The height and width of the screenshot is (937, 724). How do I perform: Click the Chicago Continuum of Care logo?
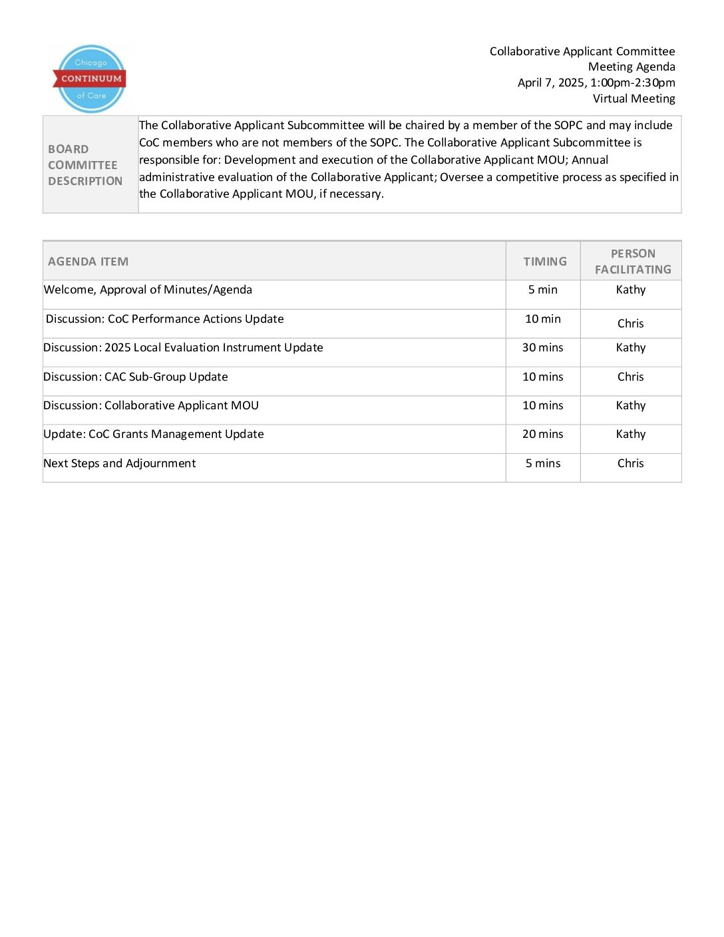click(x=90, y=79)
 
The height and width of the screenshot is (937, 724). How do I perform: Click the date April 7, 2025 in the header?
click(x=552, y=83)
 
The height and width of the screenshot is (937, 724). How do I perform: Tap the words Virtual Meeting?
click(x=633, y=98)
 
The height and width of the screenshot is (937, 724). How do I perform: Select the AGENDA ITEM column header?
click(x=88, y=262)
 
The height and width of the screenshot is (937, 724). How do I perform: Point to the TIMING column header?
click(x=545, y=262)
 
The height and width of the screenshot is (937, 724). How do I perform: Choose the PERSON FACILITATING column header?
click(x=633, y=262)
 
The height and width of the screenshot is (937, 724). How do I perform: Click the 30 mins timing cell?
click(x=542, y=347)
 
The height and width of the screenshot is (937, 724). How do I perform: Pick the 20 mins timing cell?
click(x=542, y=434)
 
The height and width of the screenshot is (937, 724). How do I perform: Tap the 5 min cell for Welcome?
click(x=542, y=289)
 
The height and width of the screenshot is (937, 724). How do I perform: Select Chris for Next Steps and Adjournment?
click(x=630, y=463)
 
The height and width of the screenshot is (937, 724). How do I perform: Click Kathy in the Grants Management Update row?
click(x=630, y=434)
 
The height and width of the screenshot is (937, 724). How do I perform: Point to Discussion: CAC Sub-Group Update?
click(x=136, y=377)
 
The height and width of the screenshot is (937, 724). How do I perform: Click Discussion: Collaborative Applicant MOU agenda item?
click(x=151, y=405)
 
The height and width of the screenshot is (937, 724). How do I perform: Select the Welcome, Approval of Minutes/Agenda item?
click(x=148, y=289)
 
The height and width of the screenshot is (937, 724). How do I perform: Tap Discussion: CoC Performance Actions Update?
click(x=164, y=319)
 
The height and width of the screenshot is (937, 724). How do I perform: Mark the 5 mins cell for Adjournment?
click(x=542, y=463)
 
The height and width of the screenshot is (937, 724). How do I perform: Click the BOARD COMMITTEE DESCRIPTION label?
click(x=85, y=165)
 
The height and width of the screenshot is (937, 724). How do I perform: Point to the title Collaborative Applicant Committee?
click(x=582, y=51)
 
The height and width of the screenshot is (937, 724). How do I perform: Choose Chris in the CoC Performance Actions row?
click(x=630, y=323)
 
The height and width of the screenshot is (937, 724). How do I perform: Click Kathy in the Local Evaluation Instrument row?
click(x=630, y=347)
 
